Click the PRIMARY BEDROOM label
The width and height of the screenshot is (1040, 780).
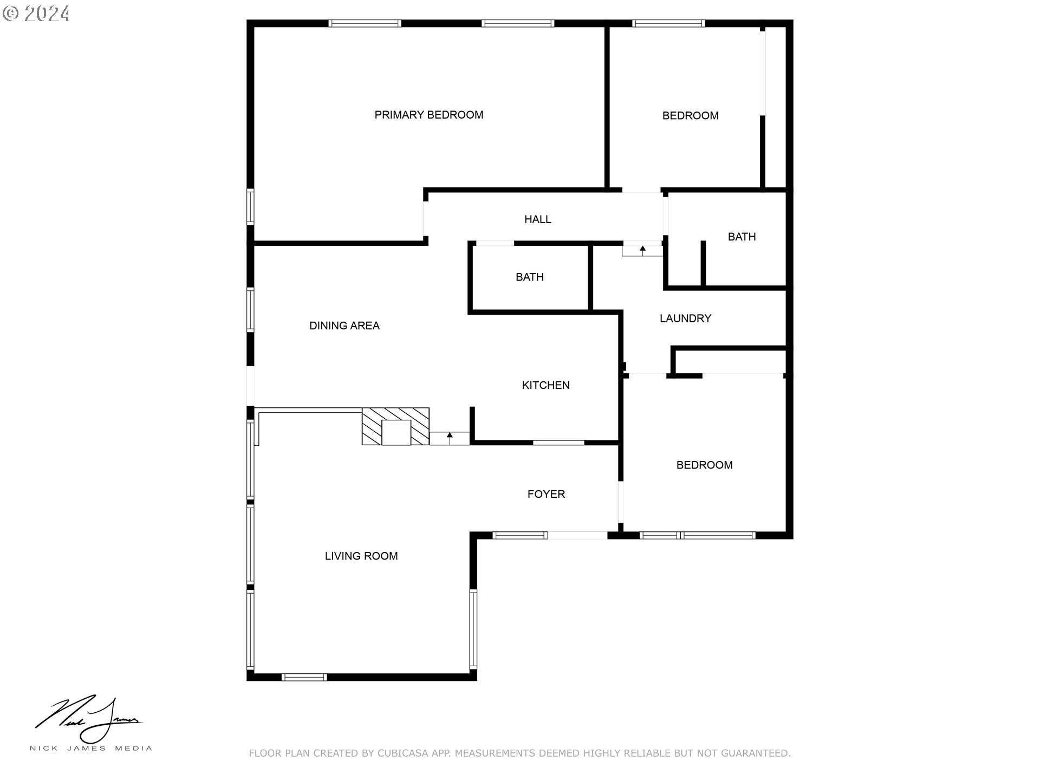[428, 115]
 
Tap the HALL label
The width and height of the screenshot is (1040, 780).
[537, 219]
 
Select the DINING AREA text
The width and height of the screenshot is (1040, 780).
[344, 326]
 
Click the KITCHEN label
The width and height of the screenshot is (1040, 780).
[545, 385]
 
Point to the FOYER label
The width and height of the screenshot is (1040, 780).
[546, 494]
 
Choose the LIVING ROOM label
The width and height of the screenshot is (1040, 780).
[361, 556]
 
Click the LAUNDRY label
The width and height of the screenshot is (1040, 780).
[685, 318]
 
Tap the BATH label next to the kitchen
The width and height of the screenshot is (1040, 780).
[529, 277]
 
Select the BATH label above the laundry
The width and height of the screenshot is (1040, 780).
[742, 237]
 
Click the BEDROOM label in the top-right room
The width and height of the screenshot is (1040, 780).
[690, 115]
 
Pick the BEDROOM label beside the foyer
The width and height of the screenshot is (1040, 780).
[704, 465]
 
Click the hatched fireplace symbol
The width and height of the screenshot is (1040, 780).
[395, 427]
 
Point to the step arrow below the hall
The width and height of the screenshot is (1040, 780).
[642, 250]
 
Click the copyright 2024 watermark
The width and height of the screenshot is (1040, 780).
[36, 14]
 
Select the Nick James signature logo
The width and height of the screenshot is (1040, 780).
[89, 719]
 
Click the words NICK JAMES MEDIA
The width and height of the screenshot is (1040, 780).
[90, 749]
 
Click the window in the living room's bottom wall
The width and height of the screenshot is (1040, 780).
[304, 677]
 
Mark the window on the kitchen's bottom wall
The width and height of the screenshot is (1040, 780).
[558, 443]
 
